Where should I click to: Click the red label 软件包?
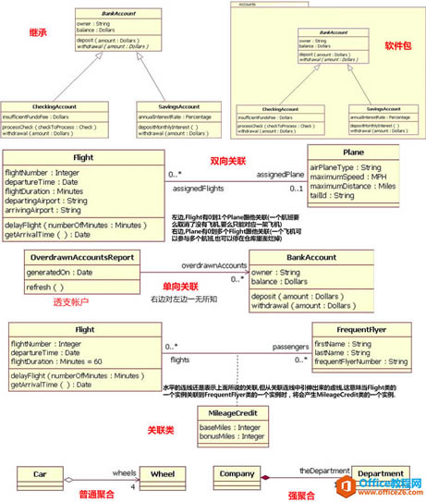pyautogui.click(x=396, y=44)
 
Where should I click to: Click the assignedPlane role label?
pyautogui.click(x=279, y=174)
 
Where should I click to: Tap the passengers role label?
pyautogui.click(x=289, y=348)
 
